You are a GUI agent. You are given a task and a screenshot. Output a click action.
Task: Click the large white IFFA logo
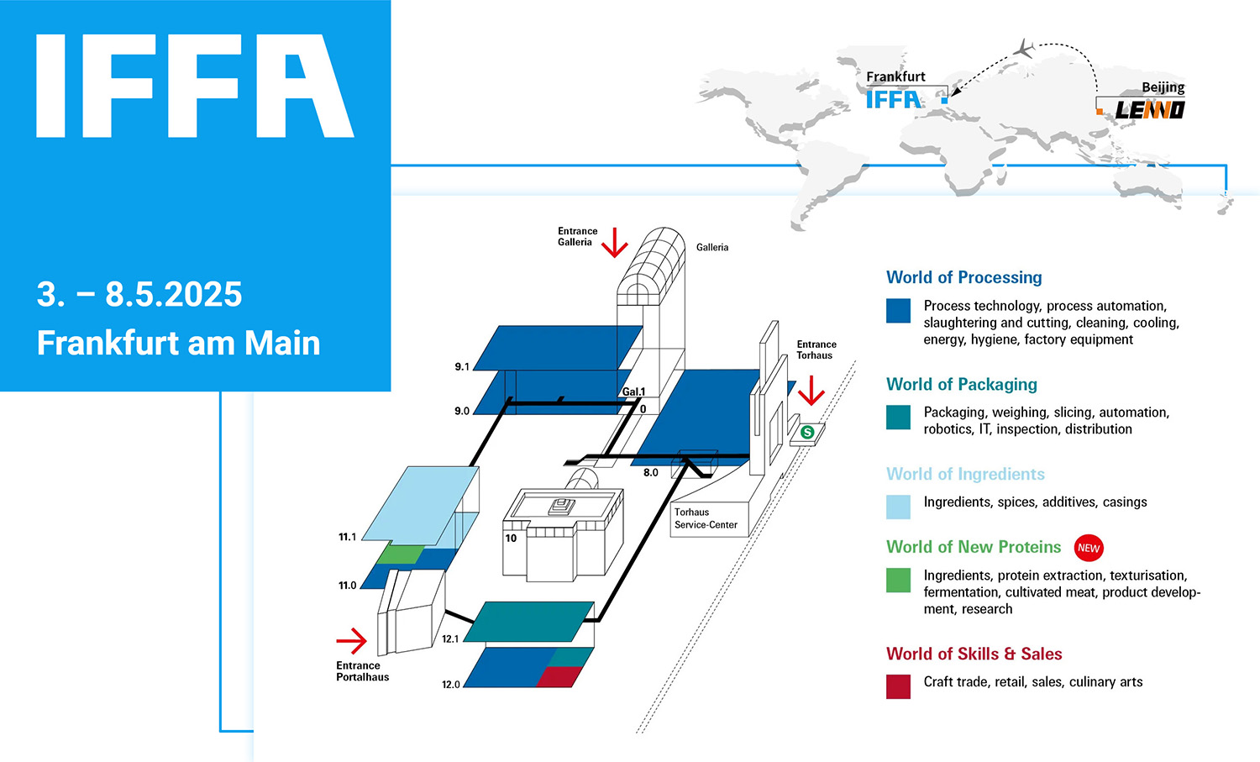pyautogui.click(x=195, y=86)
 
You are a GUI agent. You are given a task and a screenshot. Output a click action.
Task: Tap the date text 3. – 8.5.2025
pyautogui.click(x=139, y=295)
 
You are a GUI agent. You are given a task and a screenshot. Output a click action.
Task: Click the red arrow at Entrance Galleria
pyautogui.click(x=615, y=242)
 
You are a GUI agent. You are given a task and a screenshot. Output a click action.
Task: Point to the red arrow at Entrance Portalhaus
pyautogui.click(x=352, y=641)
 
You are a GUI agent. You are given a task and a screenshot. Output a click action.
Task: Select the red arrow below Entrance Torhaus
pyautogui.click(x=811, y=391)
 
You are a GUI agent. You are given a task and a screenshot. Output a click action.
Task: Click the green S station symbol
pyautogui.click(x=807, y=433)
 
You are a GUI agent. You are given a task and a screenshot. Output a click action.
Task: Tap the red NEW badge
pyautogui.click(x=1089, y=548)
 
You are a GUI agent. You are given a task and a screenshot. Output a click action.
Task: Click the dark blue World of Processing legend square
pyautogui.click(x=898, y=311)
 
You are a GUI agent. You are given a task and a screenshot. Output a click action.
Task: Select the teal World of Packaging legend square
pyautogui.click(x=898, y=418)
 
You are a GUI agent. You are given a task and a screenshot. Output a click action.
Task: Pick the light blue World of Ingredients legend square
pyautogui.click(x=898, y=507)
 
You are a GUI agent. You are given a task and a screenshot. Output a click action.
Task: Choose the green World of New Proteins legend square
pyautogui.click(x=898, y=580)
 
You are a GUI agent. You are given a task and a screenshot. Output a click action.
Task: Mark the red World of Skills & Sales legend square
pyautogui.click(x=898, y=686)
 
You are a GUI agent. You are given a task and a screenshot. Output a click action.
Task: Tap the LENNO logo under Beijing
pyautogui.click(x=1149, y=110)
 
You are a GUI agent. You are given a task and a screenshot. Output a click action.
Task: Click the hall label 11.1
pyautogui.click(x=347, y=537)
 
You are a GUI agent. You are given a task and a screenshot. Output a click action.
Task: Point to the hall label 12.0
pyautogui.click(x=451, y=685)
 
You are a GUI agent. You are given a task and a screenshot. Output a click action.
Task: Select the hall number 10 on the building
pyautogui.click(x=511, y=539)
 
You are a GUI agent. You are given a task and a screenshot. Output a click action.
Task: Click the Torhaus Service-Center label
pyautogui.click(x=706, y=518)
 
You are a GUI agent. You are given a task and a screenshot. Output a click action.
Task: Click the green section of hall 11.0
pyautogui.click(x=400, y=554)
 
